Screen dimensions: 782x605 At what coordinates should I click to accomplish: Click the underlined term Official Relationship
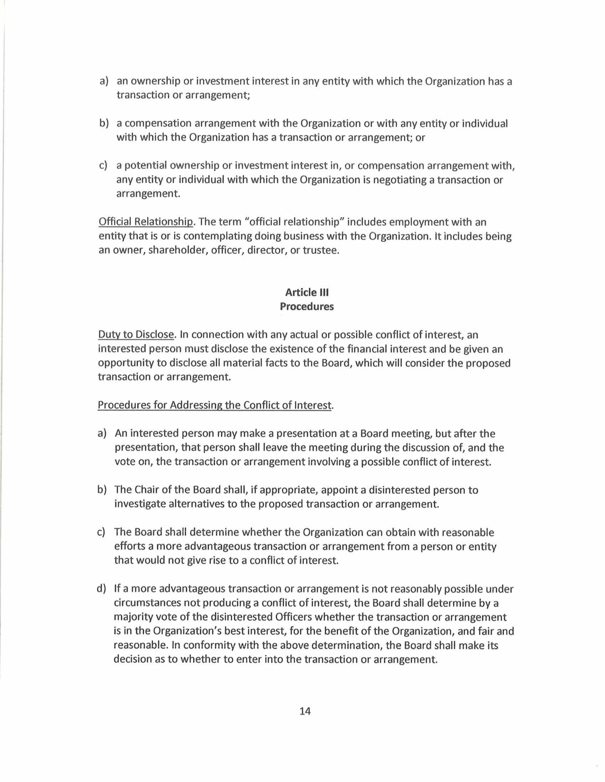pos(146,222)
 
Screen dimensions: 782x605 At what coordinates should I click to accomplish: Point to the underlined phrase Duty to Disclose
pos(136,335)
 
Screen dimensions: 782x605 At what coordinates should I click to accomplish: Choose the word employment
pos(430,222)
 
